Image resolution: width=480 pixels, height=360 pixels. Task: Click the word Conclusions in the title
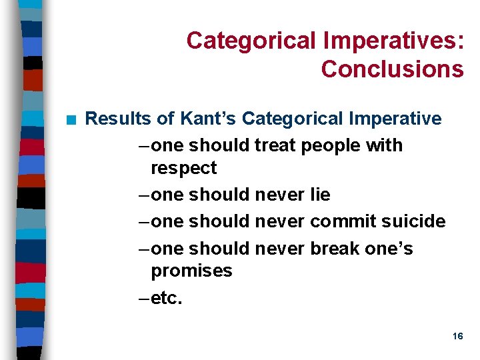[392, 69]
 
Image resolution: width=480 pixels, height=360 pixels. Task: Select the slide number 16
[457, 337]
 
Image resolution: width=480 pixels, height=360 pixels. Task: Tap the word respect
[183, 169]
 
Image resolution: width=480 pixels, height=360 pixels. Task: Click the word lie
[321, 195]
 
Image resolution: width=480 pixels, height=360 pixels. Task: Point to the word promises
[191, 271]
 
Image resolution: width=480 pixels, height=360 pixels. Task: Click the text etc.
[167, 298]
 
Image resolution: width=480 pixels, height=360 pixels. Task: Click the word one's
[389, 249]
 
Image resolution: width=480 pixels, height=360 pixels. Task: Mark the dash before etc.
[141, 298]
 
